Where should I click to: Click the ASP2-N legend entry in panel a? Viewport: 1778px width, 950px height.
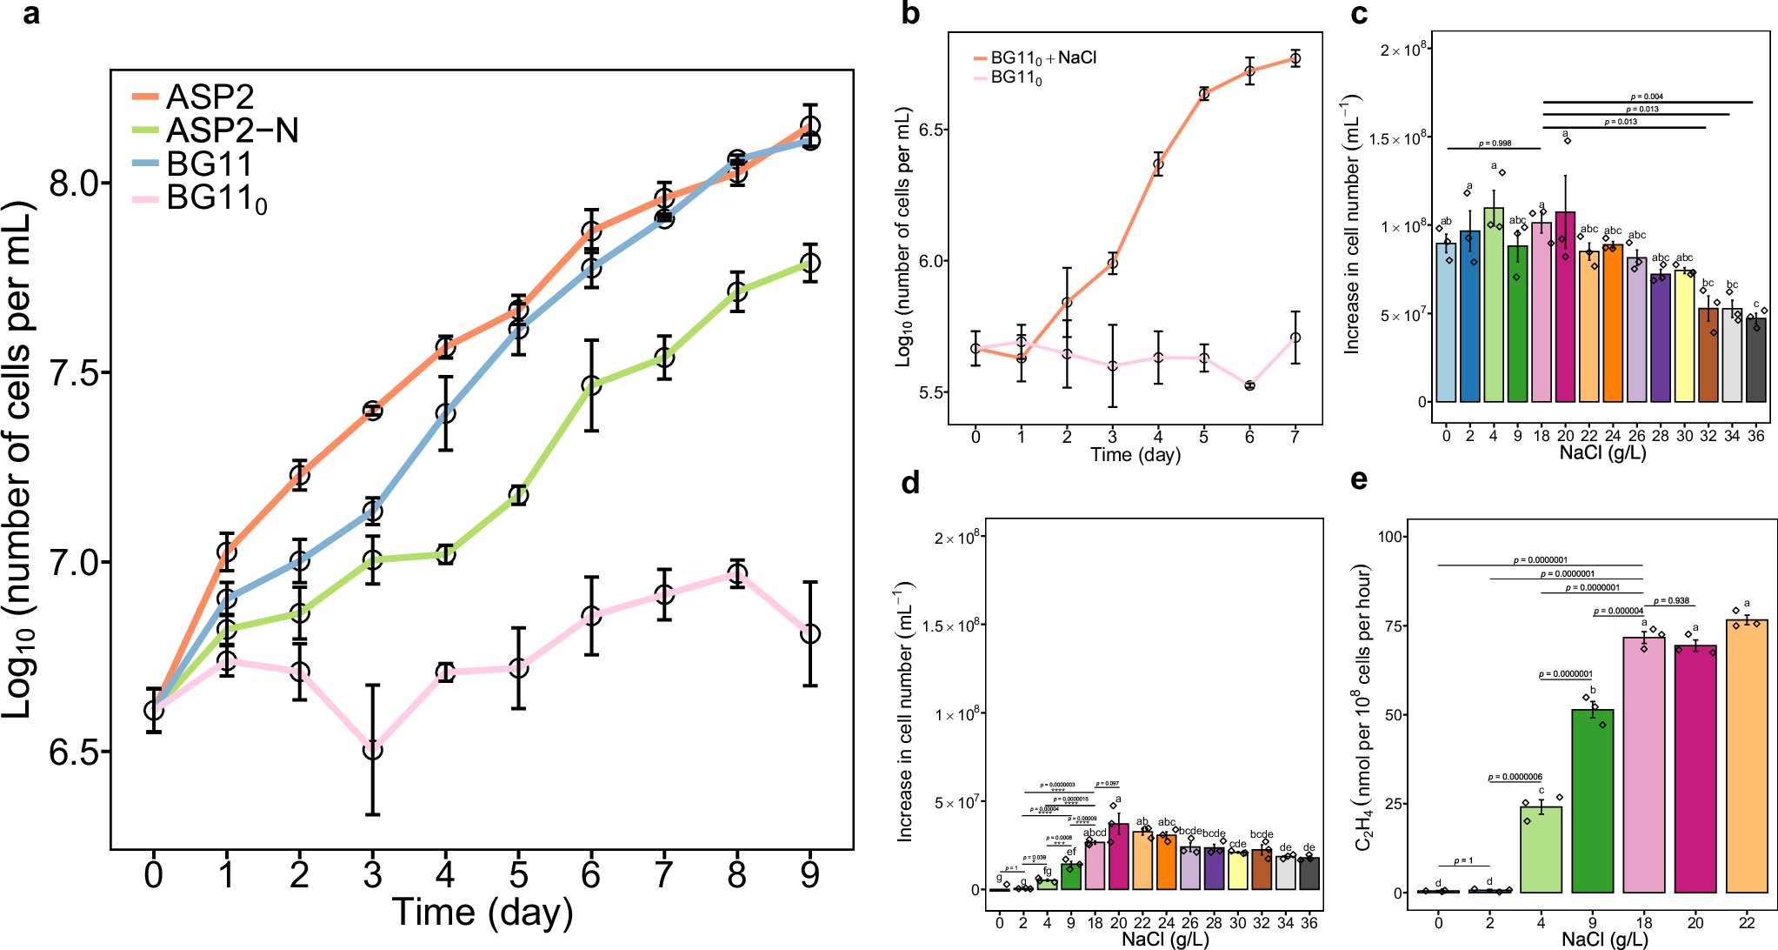[231, 130]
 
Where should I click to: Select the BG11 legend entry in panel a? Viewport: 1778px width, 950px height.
[209, 164]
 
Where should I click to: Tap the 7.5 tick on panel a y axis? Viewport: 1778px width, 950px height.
[74, 373]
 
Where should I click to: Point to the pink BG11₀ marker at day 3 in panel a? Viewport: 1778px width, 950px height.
[372, 750]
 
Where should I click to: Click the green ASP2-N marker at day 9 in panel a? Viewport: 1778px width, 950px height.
[809, 263]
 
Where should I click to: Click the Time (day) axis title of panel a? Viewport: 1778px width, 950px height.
[483, 913]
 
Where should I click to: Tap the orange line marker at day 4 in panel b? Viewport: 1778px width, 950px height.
[1158, 164]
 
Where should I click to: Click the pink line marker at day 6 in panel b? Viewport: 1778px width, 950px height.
[1249, 385]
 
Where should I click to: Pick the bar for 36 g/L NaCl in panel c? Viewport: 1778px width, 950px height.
[1755, 360]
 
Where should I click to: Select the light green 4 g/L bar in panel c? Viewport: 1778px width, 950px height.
[1494, 304]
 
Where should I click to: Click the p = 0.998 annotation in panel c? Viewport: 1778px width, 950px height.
[1495, 144]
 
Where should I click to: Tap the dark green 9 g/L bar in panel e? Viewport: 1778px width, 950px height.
[1593, 800]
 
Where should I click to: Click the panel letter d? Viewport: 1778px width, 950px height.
[910, 483]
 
